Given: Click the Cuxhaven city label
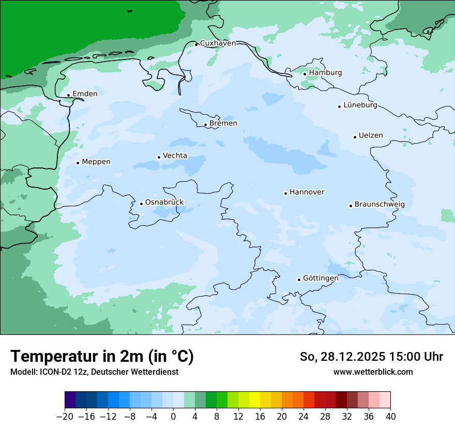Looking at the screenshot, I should (x=218, y=43).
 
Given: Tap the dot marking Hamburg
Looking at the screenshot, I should (x=305, y=74).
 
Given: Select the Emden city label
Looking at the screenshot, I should (x=85, y=94).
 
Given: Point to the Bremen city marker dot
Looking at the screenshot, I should (x=205, y=125).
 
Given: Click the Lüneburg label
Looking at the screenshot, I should (x=360, y=105).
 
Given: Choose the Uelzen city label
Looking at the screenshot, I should (x=371, y=135).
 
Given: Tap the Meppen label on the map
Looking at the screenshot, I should (x=96, y=162).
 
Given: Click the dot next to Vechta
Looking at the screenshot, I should (x=159, y=157).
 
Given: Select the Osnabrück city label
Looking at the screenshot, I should (x=164, y=202).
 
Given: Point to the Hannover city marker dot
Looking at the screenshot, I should (x=285, y=194).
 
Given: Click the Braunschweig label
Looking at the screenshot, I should (x=380, y=205).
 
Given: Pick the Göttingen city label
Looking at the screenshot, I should (x=321, y=278).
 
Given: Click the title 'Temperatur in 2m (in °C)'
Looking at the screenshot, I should (x=102, y=357).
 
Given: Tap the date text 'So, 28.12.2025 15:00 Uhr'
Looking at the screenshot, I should (x=371, y=357).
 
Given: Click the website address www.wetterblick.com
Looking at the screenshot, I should (x=373, y=372).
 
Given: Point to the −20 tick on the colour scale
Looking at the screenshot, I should (x=65, y=417).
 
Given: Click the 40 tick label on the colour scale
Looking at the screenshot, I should (x=390, y=417).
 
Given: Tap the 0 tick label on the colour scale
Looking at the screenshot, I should (x=173, y=417).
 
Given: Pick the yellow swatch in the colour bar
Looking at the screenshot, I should (x=254, y=400).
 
